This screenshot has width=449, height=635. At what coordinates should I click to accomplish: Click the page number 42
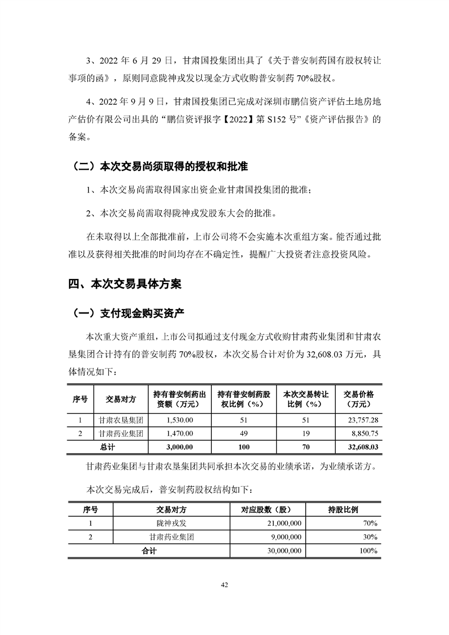pos(224,585)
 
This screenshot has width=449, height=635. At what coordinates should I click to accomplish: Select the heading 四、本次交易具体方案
pos(125,284)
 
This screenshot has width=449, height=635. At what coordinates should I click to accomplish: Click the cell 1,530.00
pos(180,421)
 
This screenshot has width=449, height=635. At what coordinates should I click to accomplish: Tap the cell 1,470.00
pos(180,434)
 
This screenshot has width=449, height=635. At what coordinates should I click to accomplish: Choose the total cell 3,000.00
pos(180,447)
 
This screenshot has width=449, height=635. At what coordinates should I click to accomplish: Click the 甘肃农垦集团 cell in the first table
pos(121,421)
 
